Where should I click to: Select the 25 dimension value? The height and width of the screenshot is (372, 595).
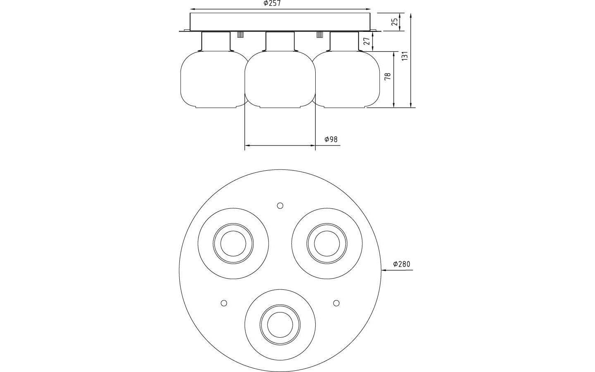click(395, 21)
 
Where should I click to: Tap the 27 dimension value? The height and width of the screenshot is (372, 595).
click(366, 41)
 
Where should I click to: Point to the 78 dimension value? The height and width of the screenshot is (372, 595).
click(388, 77)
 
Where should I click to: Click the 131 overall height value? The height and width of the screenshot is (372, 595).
click(405, 55)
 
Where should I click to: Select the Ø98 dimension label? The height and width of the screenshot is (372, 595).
click(331, 139)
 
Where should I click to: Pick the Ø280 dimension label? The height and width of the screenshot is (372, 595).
click(402, 264)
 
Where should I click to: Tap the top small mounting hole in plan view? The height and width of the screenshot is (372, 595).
click(280, 205)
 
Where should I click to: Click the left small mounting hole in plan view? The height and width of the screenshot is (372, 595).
click(224, 303)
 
